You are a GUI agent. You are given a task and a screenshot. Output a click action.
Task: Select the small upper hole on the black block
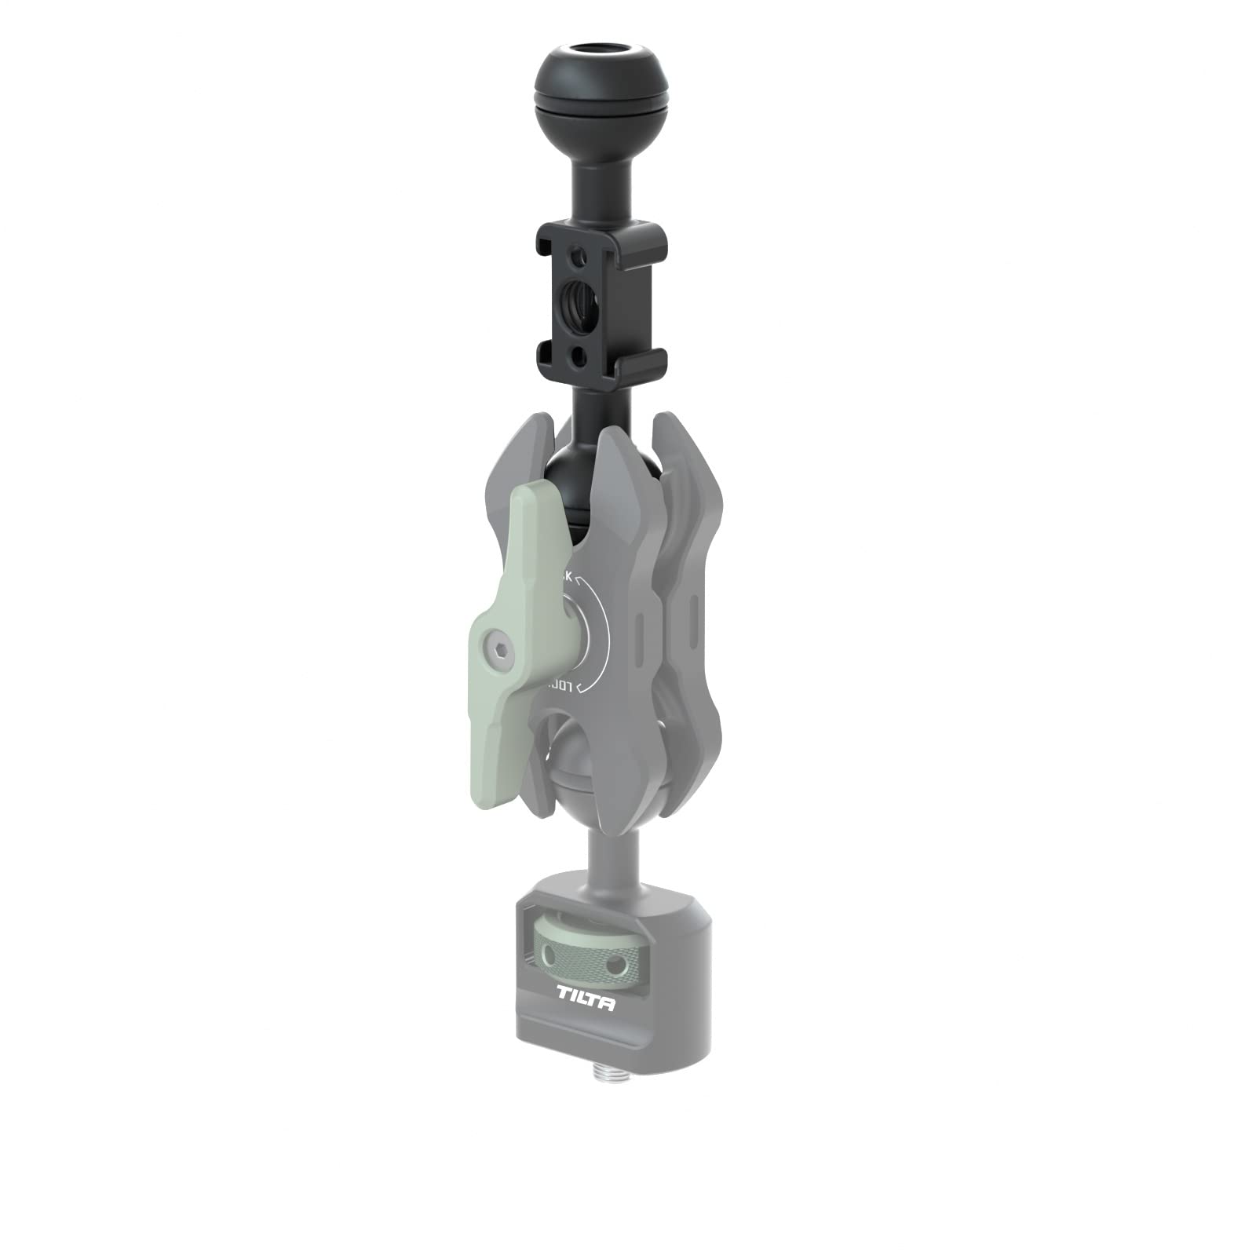tap(579, 256)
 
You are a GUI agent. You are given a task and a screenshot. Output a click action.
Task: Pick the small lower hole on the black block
tap(578, 357)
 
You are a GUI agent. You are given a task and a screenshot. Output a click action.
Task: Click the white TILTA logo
tap(586, 1003)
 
